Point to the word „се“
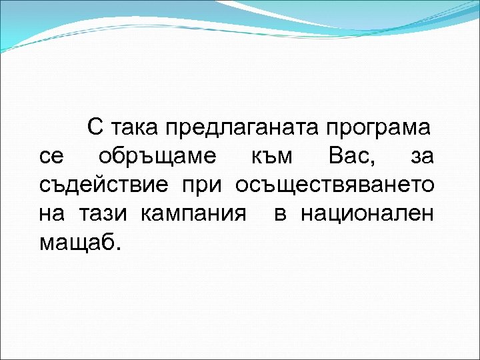(x=51, y=157)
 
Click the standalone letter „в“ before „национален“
(x=280, y=215)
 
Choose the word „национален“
(x=367, y=215)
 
